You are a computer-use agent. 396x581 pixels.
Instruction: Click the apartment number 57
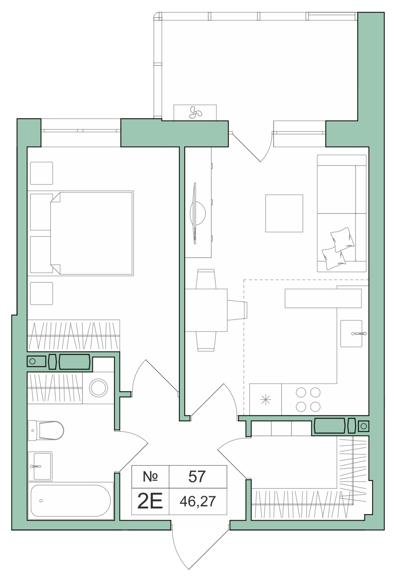tap(197, 476)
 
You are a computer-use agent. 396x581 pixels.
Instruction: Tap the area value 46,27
tap(198, 501)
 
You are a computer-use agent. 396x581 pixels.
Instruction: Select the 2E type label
tap(150, 501)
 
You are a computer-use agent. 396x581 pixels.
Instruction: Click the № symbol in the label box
tap(150, 476)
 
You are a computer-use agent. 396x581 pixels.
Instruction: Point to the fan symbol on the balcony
tap(195, 112)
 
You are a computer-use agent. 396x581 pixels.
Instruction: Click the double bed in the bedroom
tap(92, 233)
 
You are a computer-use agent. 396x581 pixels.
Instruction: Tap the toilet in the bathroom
tap(46, 430)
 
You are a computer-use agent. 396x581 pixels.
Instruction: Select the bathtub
tap(70, 501)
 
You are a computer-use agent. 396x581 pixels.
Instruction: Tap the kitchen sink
tap(351, 333)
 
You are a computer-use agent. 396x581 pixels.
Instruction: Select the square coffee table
tap(284, 213)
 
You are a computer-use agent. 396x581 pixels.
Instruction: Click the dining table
tap(206, 310)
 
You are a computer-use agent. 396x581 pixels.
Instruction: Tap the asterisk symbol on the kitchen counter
tap(265, 399)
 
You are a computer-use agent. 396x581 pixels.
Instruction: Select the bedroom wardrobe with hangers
tap(74, 336)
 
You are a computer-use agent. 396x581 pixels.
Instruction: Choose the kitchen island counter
tap(323, 298)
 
